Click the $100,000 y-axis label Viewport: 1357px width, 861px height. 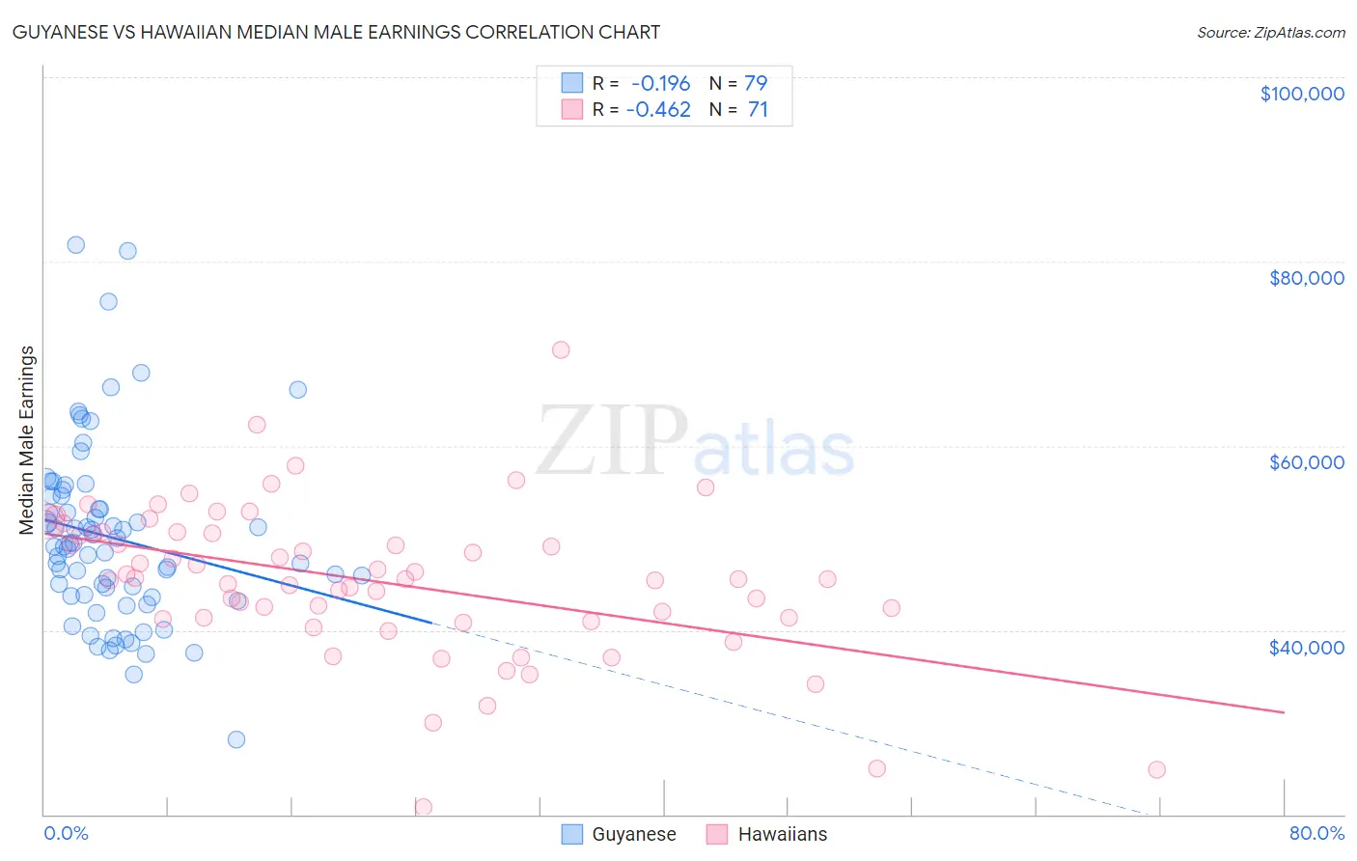pos(1301,94)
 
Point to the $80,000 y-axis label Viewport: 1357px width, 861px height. pos(1306,278)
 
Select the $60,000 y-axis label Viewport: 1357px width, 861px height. pos(1306,462)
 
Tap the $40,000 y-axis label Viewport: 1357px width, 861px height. pos(1306,647)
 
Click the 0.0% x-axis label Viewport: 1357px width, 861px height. pos(66,833)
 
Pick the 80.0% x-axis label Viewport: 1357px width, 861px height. pos(1316,833)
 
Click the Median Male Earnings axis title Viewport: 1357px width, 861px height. pos(27,439)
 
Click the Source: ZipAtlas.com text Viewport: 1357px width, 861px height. pos(1270,32)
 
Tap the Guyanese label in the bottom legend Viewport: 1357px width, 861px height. pos(633,834)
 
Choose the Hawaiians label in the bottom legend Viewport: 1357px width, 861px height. pos(782,834)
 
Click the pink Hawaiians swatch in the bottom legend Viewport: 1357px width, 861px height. pos(716,834)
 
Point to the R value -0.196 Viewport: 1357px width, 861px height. pos(660,83)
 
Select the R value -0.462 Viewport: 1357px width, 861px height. pos(658,109)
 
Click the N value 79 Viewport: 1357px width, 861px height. pos(756,83)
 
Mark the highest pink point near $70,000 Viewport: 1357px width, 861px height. pos(561,349)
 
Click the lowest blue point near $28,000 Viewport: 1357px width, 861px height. pos(236,739)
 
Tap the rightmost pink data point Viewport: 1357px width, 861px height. pos(1156,769)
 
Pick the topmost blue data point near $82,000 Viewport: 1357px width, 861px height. pos(76,245)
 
